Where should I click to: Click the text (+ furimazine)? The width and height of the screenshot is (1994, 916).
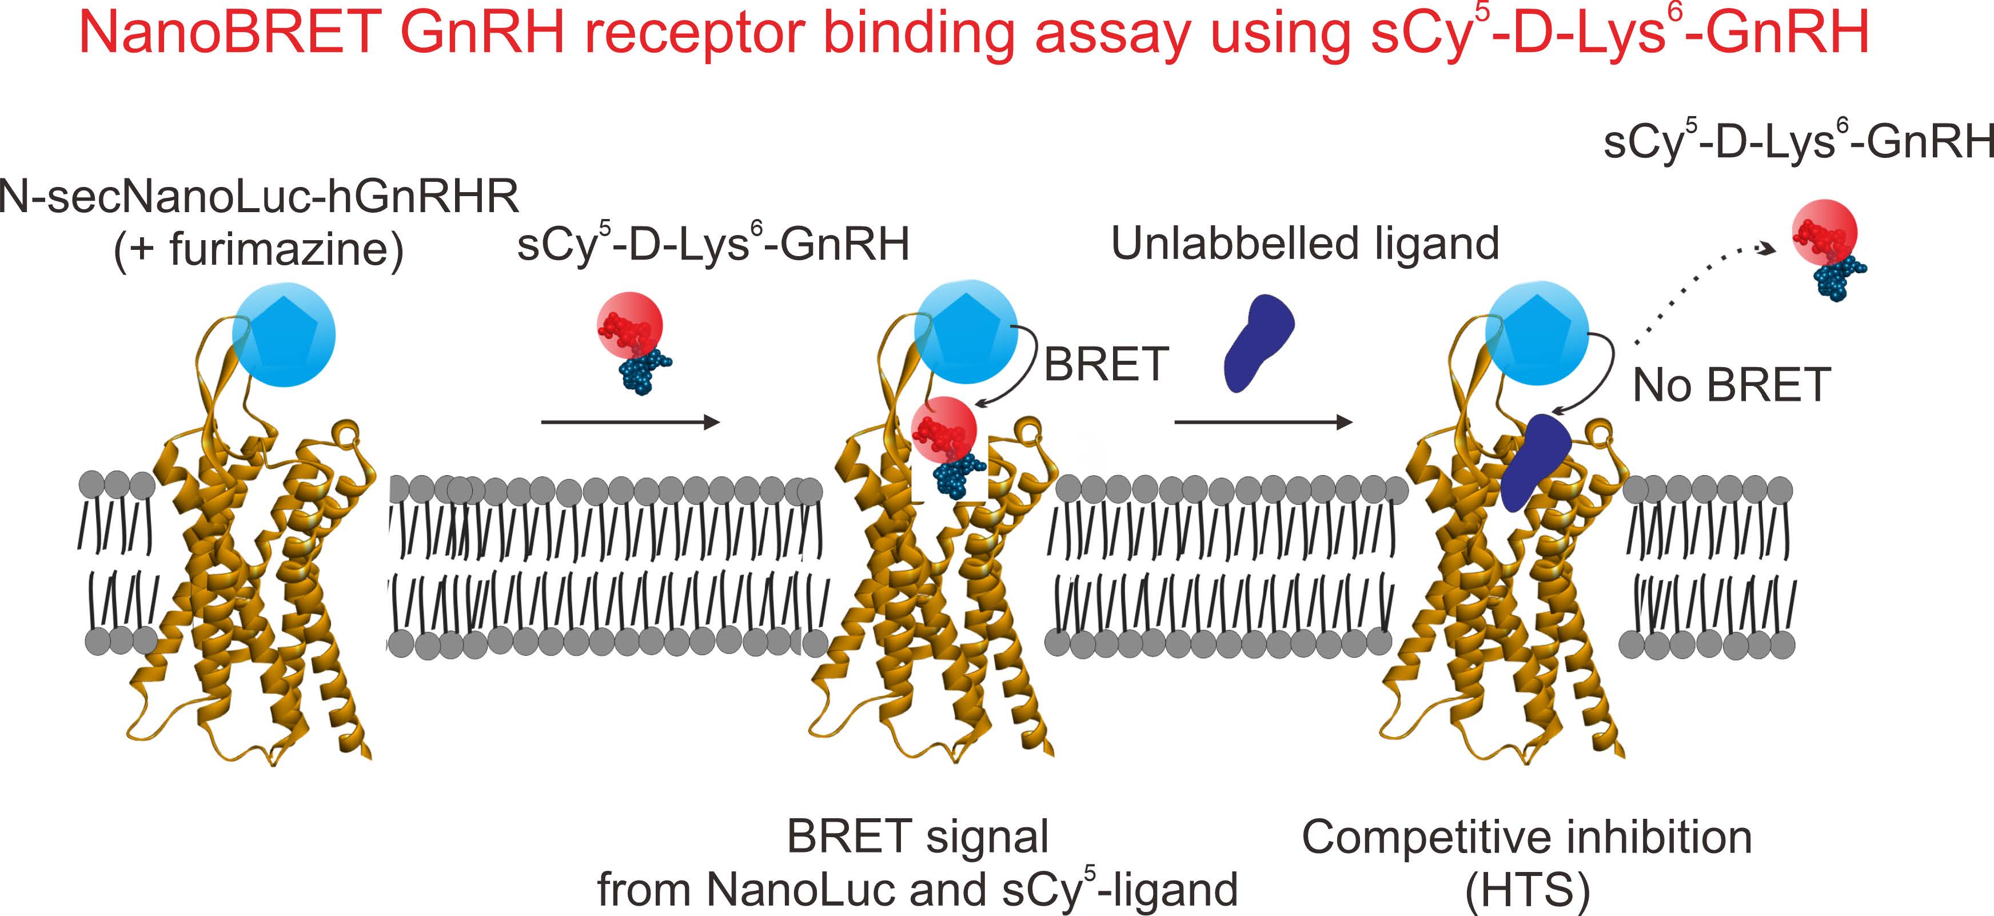click(x=258, y=250)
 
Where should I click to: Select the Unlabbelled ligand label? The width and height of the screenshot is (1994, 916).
click(x=1305, y=244)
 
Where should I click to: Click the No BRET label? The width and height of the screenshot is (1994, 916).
click(x=1731, y=385)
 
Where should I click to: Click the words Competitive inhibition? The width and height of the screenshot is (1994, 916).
click(x=1526, y=837)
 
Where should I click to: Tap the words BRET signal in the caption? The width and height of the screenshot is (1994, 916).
click(x=918, y=837)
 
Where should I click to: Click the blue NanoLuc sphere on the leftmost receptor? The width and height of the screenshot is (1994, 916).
click(x=284, y=334)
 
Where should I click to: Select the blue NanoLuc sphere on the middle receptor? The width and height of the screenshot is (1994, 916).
click(x=965, y=332)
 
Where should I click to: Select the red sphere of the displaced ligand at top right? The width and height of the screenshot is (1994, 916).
click(x=1824, y=232)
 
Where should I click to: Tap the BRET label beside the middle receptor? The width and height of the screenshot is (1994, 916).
click(x=1106, y=365)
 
